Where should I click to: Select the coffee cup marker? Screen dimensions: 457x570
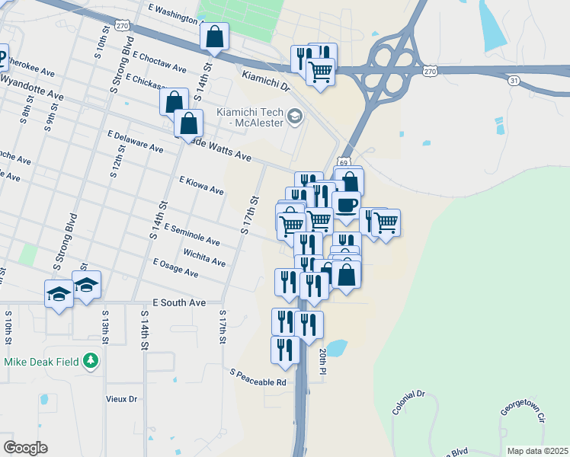(346, 205)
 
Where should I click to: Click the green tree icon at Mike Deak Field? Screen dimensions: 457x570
(91, 360)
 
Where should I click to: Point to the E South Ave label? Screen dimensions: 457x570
(179, 302)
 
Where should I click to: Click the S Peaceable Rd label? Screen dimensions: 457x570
(258, 376)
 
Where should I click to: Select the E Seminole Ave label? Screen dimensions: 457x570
(191, 235)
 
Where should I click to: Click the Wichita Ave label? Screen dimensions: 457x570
(204, 257)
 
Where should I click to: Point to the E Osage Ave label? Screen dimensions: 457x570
(175, 268)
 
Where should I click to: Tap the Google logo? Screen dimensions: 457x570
(24, 448)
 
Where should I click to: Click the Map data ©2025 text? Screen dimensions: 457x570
(536, 451)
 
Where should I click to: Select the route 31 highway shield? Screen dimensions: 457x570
(514, 79)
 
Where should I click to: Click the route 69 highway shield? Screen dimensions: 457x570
(344, 162)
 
